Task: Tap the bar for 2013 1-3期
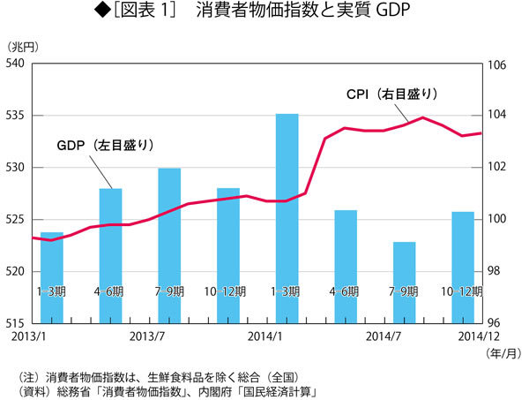(52, 277)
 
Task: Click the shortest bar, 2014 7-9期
(405, 282)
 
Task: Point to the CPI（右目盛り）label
(391, 93)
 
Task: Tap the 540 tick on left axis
(16, 64)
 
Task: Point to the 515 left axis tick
(16, 323)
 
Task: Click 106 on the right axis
(495, 64)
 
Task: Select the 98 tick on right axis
(493, 271)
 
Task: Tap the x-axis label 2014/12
(481, 336)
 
